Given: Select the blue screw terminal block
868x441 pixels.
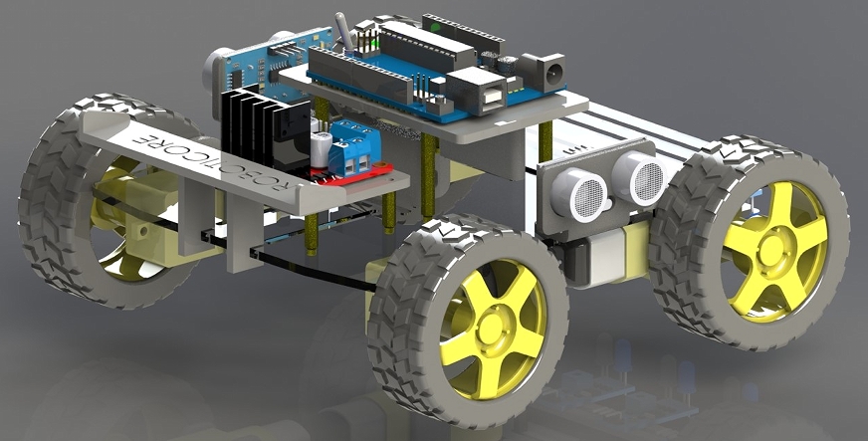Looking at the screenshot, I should [x=354, y=144].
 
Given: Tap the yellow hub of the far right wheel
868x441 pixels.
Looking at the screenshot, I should [x=774, y=244].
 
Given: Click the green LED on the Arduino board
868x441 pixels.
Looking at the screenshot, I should [x=370, y=43].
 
